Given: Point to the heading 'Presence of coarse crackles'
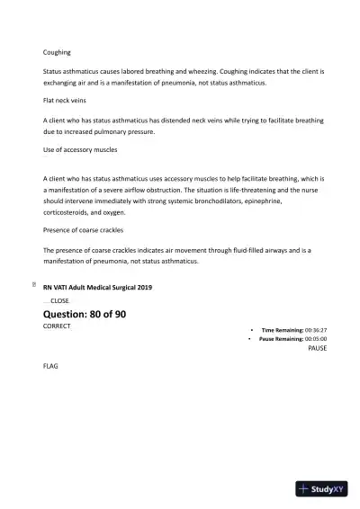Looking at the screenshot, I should point(84,230).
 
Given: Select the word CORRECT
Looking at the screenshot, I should point(57,326).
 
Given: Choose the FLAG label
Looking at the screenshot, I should point(50,367).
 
